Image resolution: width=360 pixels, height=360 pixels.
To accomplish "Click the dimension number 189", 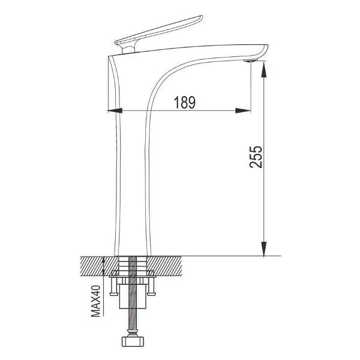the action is (185, 103).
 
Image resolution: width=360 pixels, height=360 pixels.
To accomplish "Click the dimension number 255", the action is (256, 157).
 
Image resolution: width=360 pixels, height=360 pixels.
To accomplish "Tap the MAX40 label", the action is (96, 301).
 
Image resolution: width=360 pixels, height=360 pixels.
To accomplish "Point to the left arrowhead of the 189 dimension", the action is (115, 111).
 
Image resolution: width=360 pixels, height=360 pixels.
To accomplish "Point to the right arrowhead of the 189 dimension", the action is (243, 111).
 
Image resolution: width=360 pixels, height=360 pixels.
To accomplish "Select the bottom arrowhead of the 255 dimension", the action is (264, 248).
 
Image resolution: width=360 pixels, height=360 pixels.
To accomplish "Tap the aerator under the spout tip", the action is (251, 61).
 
